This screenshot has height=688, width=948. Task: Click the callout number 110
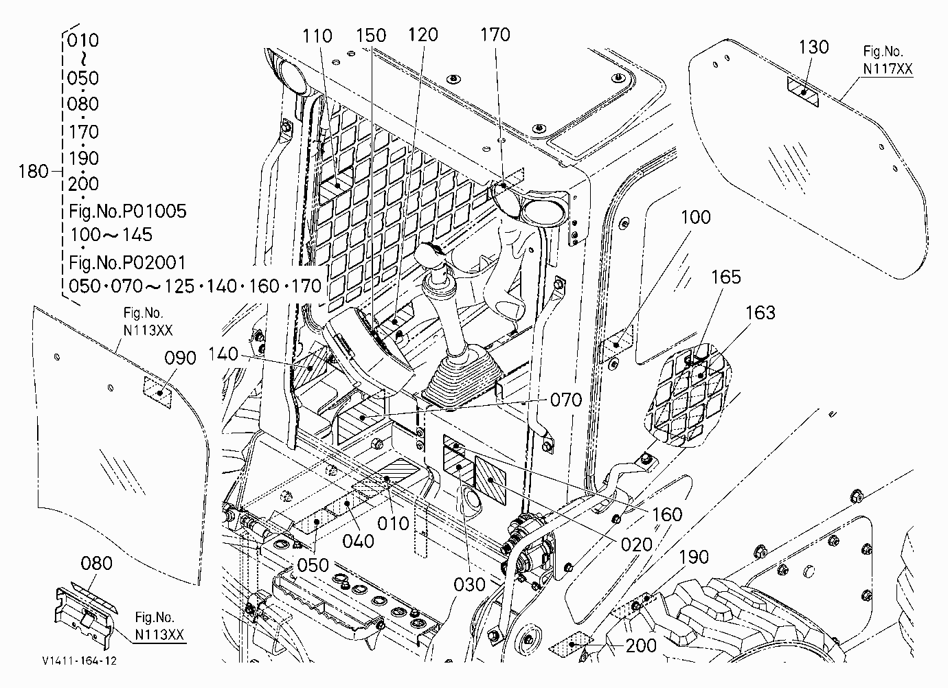tap(317, 36)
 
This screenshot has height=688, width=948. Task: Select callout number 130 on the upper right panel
tap(813, 47)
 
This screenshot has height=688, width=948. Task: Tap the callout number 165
tap(726, 277)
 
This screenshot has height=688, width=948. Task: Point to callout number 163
tap(760, 313)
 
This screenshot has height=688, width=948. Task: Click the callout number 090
tap(180, 358)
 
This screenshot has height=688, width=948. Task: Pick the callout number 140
tap(223, 354)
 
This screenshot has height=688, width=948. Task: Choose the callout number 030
tap(469, 585)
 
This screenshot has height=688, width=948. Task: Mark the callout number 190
tap(694, 558)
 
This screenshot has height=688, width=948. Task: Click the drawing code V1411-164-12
tap(80, 661)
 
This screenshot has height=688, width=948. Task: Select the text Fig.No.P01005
tap(127, 211)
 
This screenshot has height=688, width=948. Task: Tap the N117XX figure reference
tap(888, 69)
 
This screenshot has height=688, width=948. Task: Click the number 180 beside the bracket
tap(33, 172)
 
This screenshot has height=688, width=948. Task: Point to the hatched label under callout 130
tap(803, 93)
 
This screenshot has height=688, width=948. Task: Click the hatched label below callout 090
tap(158, 393)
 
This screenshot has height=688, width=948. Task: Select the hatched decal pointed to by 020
tap(490, 481)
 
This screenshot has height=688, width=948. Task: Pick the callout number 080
tap(96, 564)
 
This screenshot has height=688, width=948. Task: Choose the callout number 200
tap(641, 645)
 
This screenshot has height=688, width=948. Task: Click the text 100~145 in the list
tap(111, 235)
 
